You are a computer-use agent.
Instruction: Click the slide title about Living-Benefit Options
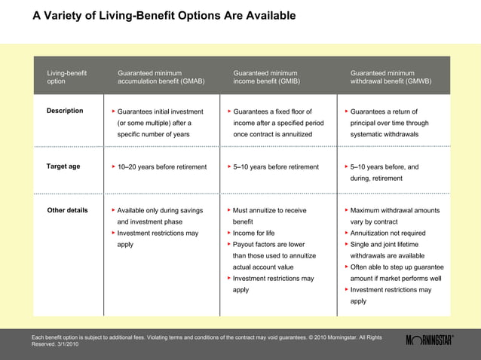click(164, 16)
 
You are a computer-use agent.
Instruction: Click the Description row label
click(65, 111)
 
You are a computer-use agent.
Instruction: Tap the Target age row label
click(63, 166)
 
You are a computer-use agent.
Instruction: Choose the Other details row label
click(67, 210)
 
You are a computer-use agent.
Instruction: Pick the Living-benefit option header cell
click(66, 77)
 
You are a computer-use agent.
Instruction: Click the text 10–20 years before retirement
click(157, 167)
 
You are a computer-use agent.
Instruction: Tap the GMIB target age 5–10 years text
click(276, 167)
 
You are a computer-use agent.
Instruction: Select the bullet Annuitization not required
click(388, 233)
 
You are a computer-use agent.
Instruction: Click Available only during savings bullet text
click(160, 211)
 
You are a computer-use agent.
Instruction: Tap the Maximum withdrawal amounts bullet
click(395, 211)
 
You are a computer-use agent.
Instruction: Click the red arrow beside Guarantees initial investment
click(112, 111)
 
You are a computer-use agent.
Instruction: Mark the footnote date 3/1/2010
click(67, 344)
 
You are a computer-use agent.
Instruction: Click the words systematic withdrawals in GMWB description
click(389, 134)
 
